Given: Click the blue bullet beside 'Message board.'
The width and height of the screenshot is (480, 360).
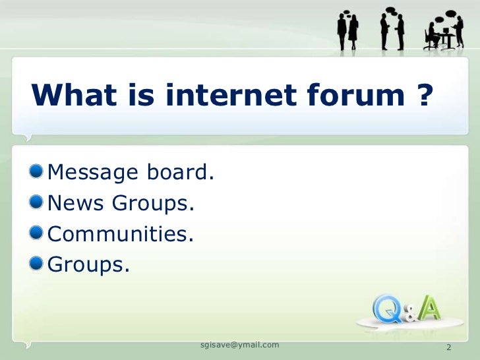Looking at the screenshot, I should click(x=38, y=172).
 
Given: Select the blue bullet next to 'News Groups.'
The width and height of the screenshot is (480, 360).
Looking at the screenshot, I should click(x=38, y=203).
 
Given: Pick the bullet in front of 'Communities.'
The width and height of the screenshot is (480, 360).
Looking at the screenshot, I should click(x=38, y=233).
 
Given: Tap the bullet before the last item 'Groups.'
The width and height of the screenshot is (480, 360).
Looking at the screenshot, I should click(x=38, y=264).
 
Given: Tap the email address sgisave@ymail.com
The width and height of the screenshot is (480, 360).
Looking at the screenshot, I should click(x=239, y=345).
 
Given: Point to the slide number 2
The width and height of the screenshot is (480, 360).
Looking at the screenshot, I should click(x=449, y=347).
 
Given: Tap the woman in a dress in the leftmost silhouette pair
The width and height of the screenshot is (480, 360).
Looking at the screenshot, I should click(x=353, y=33).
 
